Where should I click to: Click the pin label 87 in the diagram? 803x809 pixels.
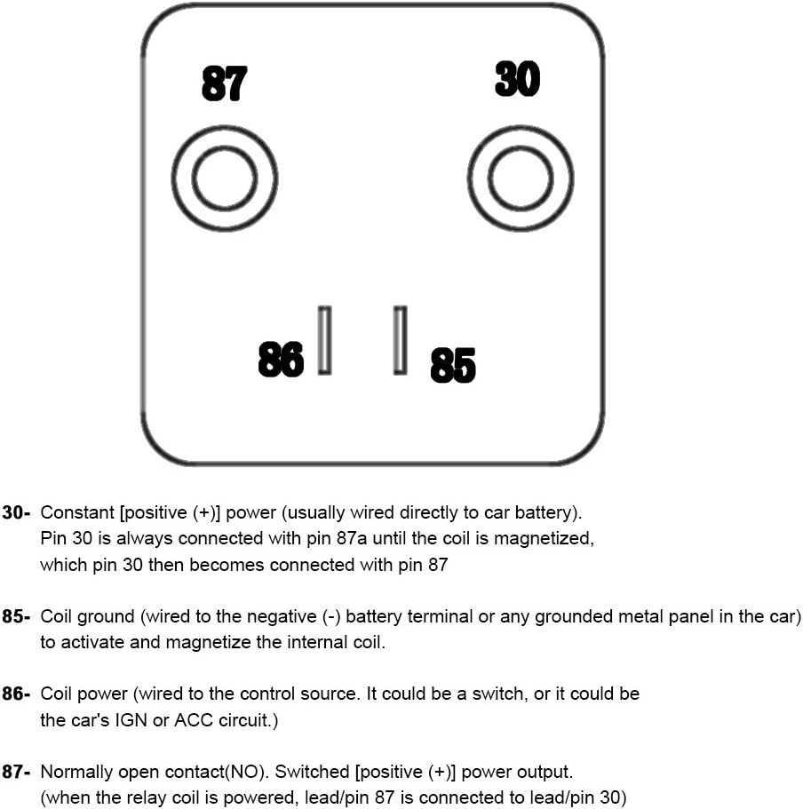[224, 84]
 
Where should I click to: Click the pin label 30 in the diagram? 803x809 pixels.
[517, 79]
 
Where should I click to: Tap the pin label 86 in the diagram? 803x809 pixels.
[281, 359]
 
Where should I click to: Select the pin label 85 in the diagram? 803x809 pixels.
[453, 365]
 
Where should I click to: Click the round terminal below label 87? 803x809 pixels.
[225, 178]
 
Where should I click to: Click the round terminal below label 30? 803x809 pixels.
[521, 178]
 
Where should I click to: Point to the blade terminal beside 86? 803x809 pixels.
[325, 340]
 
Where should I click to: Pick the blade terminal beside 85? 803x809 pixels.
[401, 340]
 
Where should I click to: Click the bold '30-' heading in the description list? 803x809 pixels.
[17, 512]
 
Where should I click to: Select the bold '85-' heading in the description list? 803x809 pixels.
[17, 616]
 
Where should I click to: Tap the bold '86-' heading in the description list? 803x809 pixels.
[17, 694]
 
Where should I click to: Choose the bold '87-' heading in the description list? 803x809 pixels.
[17, 773]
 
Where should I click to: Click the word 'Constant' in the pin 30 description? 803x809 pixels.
[77, 512]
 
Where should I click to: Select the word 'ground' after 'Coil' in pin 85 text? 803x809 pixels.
[112, 616]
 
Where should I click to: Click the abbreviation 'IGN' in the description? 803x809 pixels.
[131, 720]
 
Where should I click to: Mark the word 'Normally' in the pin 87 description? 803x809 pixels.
[77, 773]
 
